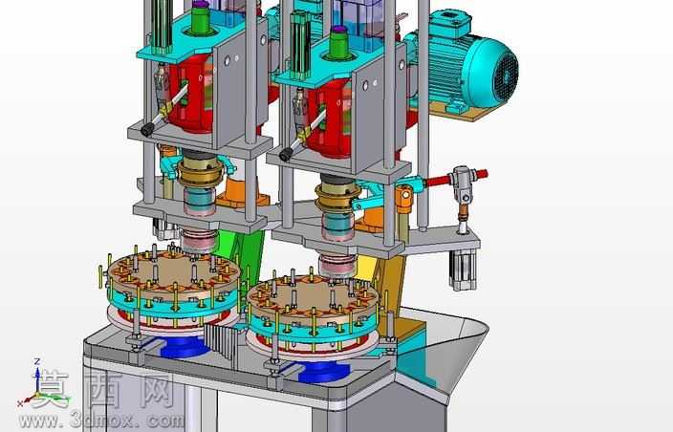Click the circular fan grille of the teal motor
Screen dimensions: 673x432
tap(506, 76)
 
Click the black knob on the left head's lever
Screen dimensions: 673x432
tap(147, 129)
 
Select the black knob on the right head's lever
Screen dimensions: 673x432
tap(286, 155)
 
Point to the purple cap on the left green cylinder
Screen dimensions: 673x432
tap(200, 5)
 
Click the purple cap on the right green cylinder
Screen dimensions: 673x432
tap(338, 30)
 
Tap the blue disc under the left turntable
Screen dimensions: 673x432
tap(185, 346)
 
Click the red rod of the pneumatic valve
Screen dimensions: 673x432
tap(455, 179)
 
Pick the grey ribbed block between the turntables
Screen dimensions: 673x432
tap(221, 340)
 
